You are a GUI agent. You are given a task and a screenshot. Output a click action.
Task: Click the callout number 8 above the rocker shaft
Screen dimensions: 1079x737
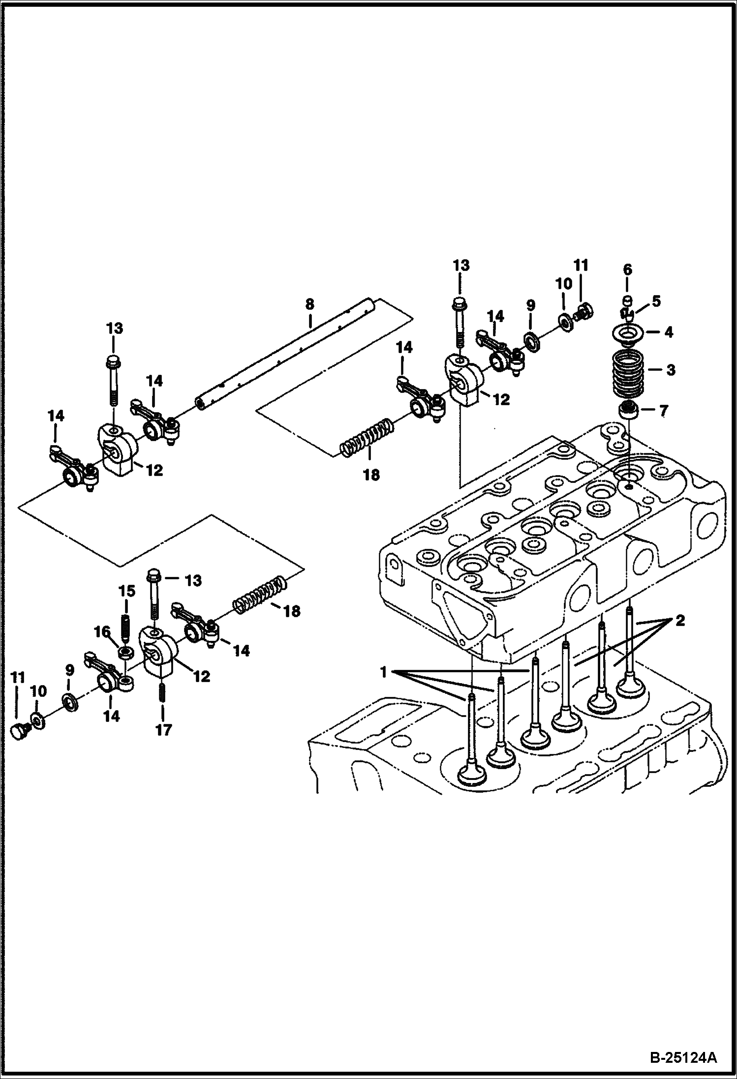pyautogui.click(x=309, y=304)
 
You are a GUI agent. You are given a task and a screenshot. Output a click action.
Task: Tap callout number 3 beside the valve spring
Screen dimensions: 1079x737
pyautogui.click(x=670, y=370)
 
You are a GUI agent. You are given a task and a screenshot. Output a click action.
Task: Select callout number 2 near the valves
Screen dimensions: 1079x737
pyautogui.click(x=679, y=621)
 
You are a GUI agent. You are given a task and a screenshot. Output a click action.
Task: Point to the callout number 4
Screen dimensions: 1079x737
pyautogui.click(x=668, y=332)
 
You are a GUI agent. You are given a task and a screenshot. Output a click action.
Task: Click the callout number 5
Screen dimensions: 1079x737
pyautogui.click(x=656, y=301)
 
